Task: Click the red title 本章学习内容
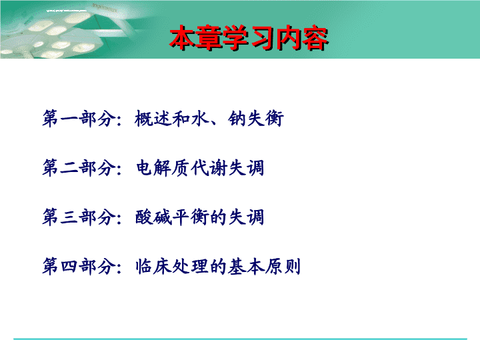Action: point(249,38)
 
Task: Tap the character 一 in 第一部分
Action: point(69,119)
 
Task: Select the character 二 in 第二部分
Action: point(69,168)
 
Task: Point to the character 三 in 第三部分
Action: point(69,217)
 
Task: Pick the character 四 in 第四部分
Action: point(69,266)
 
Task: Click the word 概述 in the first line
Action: point(153,119)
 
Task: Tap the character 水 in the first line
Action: point(199,119)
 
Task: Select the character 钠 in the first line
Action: point(237,119)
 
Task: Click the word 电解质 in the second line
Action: point(162,168)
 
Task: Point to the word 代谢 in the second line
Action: point(209,168)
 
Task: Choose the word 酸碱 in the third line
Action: point(153,217)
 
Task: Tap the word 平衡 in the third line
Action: point(191,217)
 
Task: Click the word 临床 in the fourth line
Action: point(153,266)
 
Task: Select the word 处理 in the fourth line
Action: point(191,266)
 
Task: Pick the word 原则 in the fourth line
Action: point(283,266)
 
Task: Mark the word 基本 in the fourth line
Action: point(246,266)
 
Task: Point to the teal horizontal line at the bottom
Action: point(240,339)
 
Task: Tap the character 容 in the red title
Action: point(315,38)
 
